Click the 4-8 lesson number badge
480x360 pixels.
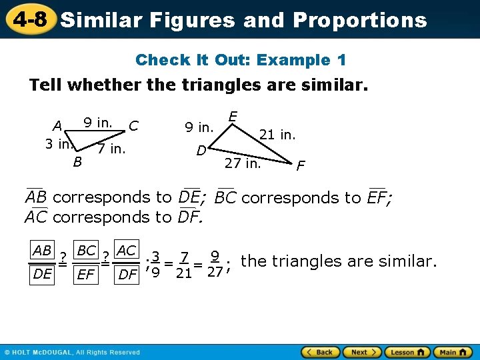coord(28,19)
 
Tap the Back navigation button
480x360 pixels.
coord(321,352)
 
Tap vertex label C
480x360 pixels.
coord(134,125)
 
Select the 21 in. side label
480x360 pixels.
coord(277,135)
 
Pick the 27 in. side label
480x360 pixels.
coord(243,163)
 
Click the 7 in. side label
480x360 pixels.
coord(111,148)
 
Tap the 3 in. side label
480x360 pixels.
coord(59,143)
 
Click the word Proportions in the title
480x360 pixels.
coord(359,20)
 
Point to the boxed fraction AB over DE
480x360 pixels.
coord(42,261)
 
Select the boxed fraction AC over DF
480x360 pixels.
coord(127,261)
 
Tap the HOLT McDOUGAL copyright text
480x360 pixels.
coord(73,352)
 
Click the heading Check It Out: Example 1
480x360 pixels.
coord(240,60)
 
